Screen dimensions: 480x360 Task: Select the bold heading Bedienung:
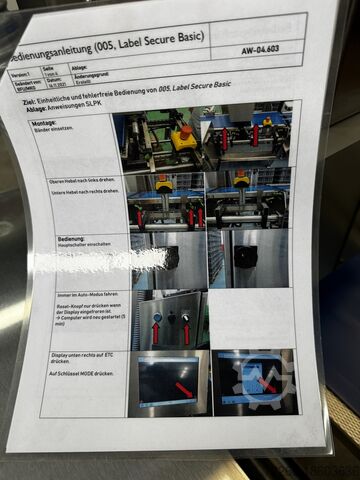[x=72, y=240]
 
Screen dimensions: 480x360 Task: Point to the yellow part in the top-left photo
[x=182, y=139]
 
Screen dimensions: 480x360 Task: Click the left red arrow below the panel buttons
[x=155, y=332]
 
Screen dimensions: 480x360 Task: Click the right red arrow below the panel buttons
[x=186, y=332]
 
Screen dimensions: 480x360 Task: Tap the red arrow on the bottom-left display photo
[x=183, y=387]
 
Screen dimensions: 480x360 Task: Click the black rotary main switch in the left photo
[x=170, y=257]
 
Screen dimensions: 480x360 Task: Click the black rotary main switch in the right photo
[x=245, y=256]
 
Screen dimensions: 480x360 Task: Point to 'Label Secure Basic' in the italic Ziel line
[x=199, y=85]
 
